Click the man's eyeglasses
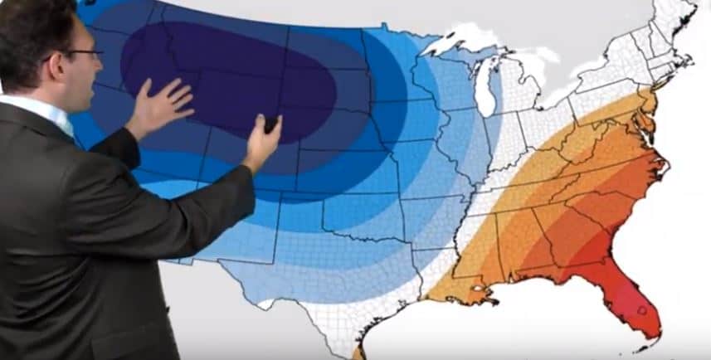(x=83, y=55)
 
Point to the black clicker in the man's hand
(x=270, y=125)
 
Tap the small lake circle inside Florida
(x=640, y=310)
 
